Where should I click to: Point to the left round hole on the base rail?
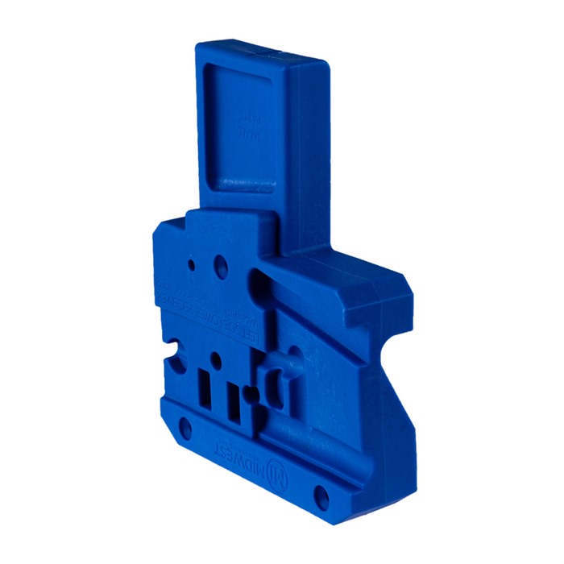[185, 425]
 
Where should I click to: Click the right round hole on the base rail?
[321, 493]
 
